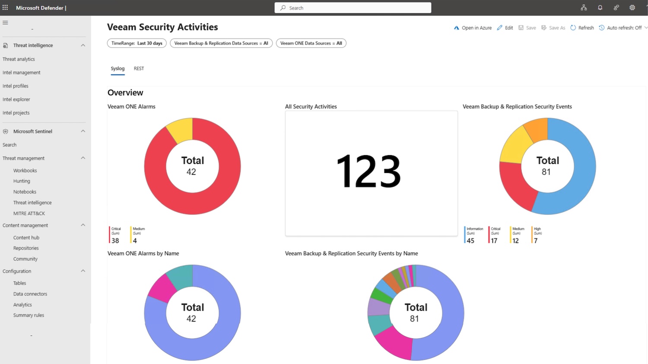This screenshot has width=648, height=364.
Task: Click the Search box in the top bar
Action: point(353,8)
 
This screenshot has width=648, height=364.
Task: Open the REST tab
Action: point(139,68)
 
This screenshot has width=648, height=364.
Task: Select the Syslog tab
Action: point(118,68)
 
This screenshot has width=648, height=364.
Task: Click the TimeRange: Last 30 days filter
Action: point(137,43)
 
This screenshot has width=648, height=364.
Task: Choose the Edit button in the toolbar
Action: point(505,28)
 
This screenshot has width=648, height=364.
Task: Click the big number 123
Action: point(368,172)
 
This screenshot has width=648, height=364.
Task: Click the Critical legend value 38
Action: point(115,241)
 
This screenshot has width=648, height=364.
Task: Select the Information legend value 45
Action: point(470,241)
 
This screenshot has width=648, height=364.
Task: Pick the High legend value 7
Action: point(536,241)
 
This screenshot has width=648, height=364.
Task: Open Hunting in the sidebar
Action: point(22,181)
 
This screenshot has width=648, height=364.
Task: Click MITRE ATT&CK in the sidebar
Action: point(29,214)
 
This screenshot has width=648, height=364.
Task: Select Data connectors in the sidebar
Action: point(30,294)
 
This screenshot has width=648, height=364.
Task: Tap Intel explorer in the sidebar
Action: point(16,99)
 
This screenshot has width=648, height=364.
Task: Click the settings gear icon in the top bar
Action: point(632,8)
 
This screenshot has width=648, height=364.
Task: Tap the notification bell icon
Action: point(600,8)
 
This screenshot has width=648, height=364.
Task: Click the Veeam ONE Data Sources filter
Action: point(311,43)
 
